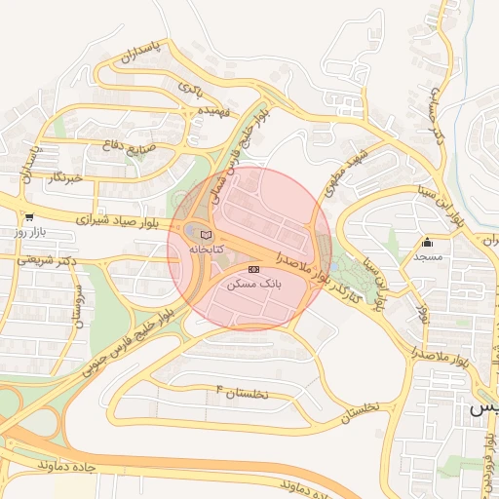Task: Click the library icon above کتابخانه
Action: pos(205,235)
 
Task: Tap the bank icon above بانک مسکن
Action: pos(254,269)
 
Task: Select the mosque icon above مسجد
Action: pos(427,243)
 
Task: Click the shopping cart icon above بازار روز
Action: pos(29,217)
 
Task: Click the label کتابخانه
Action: pos(206,249)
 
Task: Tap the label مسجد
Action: pos(428,257)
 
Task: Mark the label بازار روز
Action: pos(30,232)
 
